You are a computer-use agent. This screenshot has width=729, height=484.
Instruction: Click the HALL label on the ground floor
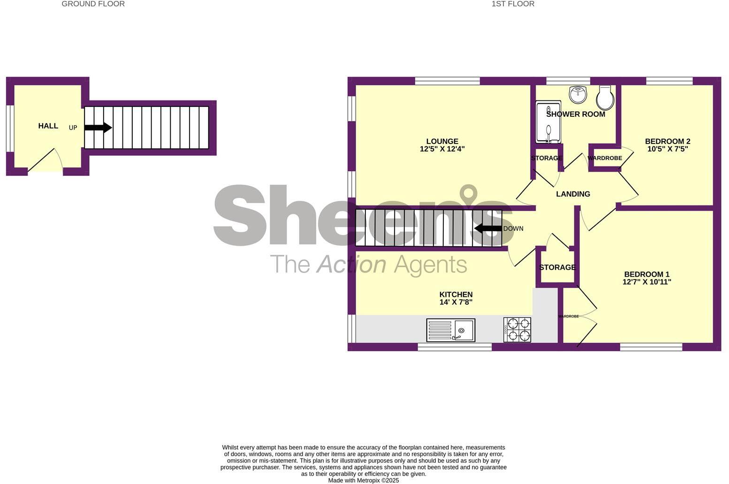(48, 126)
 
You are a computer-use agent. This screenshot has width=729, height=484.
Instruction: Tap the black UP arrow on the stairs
(98, 127)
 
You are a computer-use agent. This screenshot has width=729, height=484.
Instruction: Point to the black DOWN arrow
(488, 228)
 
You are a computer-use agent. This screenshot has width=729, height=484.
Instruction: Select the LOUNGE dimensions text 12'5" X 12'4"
(442, 149)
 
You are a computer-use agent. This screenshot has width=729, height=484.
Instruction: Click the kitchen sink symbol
(450, 330)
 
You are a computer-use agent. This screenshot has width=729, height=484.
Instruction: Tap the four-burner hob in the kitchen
(517, 329)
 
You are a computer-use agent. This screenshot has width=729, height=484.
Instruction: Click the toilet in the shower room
(605, 98)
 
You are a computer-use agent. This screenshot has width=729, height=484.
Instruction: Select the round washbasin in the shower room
(578, 94)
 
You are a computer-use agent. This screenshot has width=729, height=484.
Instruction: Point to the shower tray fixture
(548, 122)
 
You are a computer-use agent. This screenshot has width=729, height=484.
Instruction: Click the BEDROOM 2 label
(667, 141)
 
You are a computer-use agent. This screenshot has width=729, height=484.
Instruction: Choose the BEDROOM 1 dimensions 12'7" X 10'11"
(646, 282)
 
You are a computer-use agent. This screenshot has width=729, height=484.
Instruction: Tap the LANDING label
(573, 194)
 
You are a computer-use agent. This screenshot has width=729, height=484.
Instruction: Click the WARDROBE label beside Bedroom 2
(605, 158)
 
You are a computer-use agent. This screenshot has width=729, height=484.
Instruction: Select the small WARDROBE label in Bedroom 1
(568, 317)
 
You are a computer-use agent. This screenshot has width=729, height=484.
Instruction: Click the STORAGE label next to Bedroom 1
(557, 267)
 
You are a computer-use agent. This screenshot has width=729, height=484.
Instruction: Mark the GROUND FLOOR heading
(93, 4)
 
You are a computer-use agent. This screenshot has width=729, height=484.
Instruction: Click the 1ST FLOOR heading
(513, 4)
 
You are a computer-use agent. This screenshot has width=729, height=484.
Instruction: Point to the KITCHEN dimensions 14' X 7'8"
(456, 302)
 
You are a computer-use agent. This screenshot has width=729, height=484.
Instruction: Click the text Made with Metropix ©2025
(363, 480)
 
